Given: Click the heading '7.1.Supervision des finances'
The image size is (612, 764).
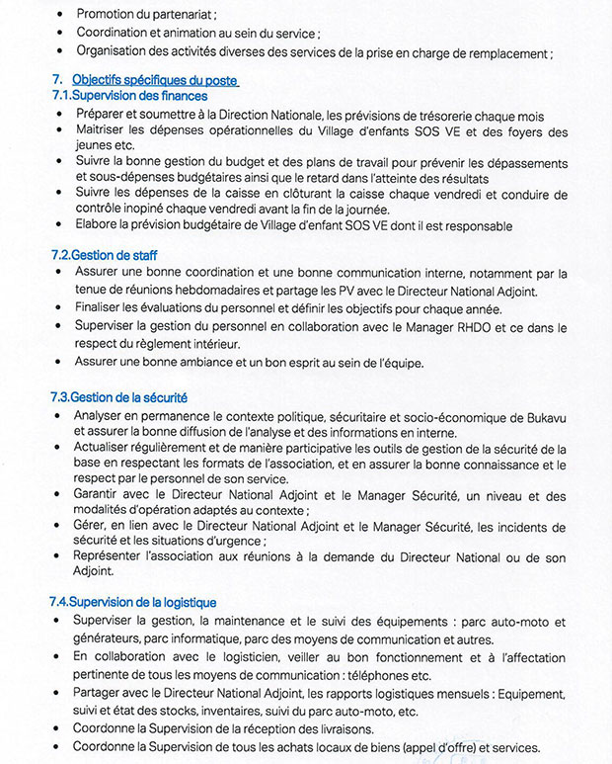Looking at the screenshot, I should pos(129,96).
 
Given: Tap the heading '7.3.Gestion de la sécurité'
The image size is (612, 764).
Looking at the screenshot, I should pos(118,397).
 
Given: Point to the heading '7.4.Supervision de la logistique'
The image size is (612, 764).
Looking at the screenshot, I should pos(132,602).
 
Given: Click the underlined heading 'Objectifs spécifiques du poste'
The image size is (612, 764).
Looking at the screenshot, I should pos(155,80).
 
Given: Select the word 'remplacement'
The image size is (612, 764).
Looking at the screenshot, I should pos(508,53).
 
